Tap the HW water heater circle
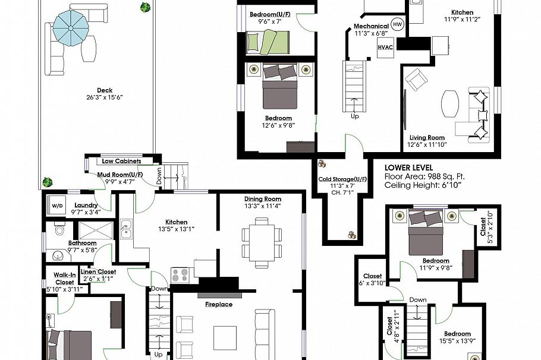click(397, 25)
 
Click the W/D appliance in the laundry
click(58, 206)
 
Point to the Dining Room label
click(262, 199)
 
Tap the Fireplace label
click(219, 304)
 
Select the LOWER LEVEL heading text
click(408, 168)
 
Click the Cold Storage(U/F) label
click(342, 179)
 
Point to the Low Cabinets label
click(121, 161)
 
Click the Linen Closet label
click(100, 271)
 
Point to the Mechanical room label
click(372, 27)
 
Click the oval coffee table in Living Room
click(450, 105)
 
